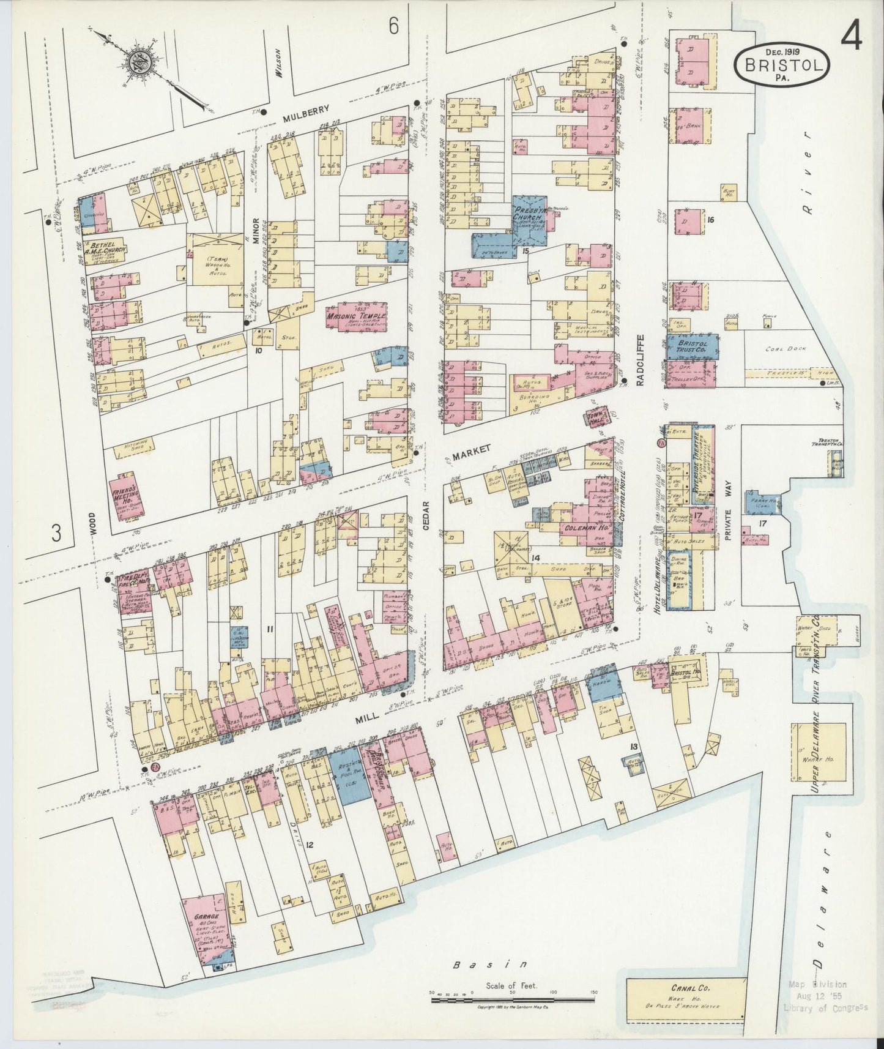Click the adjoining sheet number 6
[x=393, y=26]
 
